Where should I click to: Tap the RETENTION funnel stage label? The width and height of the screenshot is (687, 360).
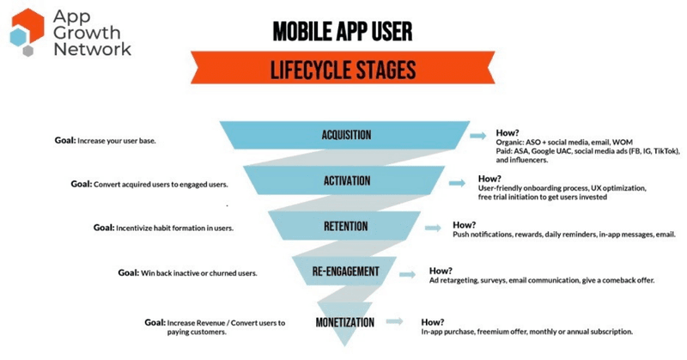[x=346, y=227]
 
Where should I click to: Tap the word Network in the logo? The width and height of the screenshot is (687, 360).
[x=91, y=49]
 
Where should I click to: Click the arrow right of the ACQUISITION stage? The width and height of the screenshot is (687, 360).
[x=478, y=136]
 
